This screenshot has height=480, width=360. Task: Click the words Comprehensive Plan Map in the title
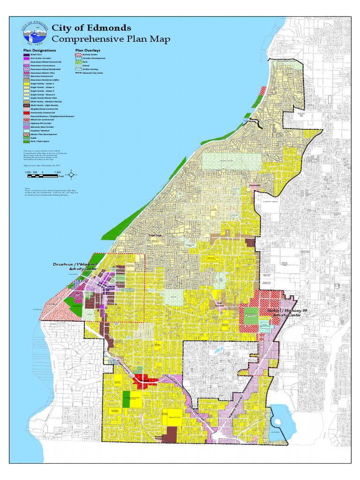[111, 39]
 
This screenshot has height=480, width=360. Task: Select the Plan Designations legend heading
[39, 50]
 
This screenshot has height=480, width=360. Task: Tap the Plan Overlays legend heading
[88, 50]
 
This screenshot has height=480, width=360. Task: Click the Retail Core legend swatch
[26, 55]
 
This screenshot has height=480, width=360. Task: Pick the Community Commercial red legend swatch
[26, 112]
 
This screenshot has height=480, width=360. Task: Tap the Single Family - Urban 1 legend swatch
[26, 82]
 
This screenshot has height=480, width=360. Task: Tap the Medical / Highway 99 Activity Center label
[277, 312]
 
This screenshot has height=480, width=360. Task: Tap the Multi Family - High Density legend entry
[39, 105]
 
